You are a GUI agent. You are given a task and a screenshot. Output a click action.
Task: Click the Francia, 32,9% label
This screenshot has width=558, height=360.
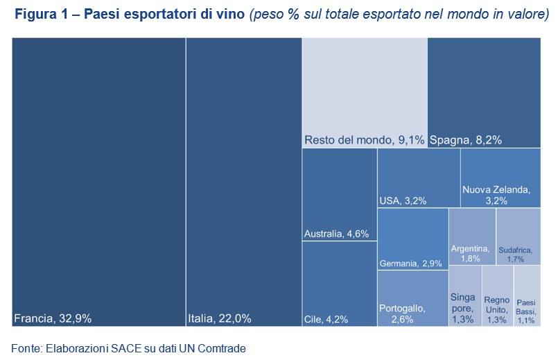pyautogui.click(x=53, y=319)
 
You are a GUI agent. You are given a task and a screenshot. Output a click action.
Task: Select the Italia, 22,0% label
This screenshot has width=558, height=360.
pyautogui.click(x=219, y=319)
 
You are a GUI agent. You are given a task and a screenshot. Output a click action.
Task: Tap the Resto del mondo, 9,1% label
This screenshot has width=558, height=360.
pyautogui.click(x=364, y=140)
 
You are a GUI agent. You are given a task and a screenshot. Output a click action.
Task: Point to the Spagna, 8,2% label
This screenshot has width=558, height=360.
pyautogui.click(x=466, y=140)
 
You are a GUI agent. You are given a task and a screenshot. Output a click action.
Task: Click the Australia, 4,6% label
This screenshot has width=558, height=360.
pyautogui.click(x=336, y=234)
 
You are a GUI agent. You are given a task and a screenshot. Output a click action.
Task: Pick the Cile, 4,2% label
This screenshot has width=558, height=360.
pyautogui.click(x=326, y=320)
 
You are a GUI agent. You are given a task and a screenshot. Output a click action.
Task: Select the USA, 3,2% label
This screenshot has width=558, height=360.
pyautogui.click(x=403, y=201)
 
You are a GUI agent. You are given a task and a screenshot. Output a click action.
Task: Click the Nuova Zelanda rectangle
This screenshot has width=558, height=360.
pyautogui.click(x=500, y=178)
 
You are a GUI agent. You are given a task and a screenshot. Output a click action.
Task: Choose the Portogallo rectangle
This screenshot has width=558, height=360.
pyautogui.click(x=412, y=298)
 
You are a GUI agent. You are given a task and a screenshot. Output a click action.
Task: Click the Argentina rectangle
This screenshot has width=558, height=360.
pyautogui.click(x=472, y=236)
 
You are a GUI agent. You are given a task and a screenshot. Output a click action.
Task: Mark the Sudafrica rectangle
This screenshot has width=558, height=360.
pyautogui.click(x=518, y=236)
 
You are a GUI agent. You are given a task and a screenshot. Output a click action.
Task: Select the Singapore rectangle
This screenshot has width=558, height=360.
pyautogui.click(x=463, y=297)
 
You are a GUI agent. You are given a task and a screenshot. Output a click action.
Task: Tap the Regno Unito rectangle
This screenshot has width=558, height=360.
pyautogui.click(x=497, y=297)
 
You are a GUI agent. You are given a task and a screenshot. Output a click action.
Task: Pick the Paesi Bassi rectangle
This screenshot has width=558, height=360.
pyautogui.click(x=527, y=297)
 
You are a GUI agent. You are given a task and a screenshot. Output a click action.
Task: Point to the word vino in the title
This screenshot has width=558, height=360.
pyautogui.click(x=230, y=16)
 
